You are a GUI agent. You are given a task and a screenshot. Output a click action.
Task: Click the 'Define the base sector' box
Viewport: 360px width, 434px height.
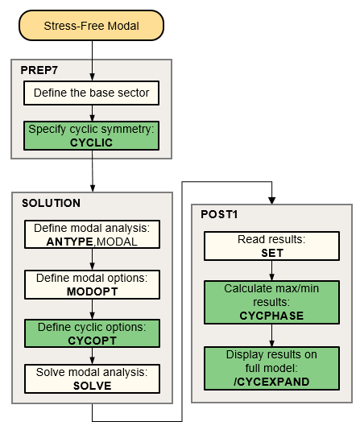(x=91, y=93)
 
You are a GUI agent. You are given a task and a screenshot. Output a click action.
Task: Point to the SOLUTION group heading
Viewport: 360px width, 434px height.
(x=51, y=203)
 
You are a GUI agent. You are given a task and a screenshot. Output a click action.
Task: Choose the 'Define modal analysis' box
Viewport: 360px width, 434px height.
(x=92, y=233)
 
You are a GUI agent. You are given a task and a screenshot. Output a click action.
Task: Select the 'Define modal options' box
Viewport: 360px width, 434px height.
(x=92, y=283)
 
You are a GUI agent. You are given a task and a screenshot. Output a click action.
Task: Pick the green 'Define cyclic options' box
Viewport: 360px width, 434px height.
(x=92, y=333)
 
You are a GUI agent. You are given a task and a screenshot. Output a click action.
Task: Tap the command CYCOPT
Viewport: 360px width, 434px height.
(x=92, y=339)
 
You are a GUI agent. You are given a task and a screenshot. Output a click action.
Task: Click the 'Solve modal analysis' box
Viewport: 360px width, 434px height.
(x=92, y=378)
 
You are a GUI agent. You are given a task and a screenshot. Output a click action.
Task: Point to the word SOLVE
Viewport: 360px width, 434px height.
(x=92, y=385)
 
